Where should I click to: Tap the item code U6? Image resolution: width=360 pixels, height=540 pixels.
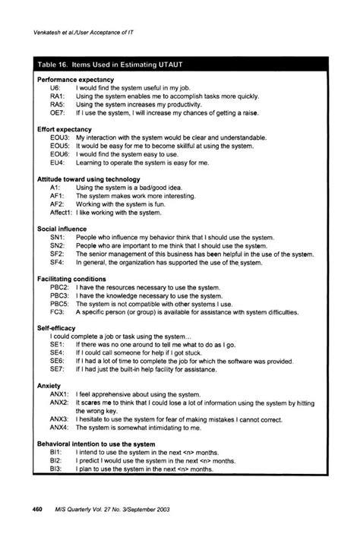pyautogui.click(x=55, y=88)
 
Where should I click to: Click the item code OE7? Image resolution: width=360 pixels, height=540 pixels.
pyautogui.click(x=58, y=113)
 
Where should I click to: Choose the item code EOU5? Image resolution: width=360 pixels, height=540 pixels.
pyautogui.click(x=60, y=146)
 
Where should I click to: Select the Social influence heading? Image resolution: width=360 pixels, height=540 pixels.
pyautogui.click(x=62, y=228)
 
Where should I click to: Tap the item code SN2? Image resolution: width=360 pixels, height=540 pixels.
pyautogui.click(x=57, y=245)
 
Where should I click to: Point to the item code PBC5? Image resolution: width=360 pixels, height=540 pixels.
pyautogui.click(x=59, y=303)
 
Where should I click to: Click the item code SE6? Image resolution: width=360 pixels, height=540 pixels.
pyautogui.click(x=57, y=361)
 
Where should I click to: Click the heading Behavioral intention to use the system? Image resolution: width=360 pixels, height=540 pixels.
pyautogui.click(x=96, y=444)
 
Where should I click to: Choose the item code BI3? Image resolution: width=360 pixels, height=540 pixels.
pyautogui.click(x=55, y=469)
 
